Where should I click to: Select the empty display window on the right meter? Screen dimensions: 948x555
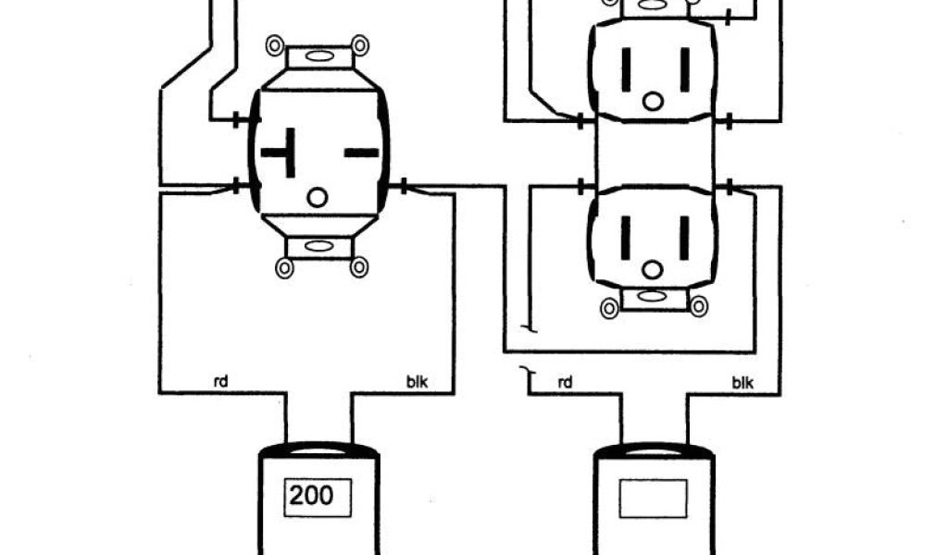[654, 498]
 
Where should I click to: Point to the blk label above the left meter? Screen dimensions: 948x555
[418, 381]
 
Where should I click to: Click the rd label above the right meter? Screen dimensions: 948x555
[564, 381]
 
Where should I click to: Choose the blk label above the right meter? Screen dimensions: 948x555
[742, 381]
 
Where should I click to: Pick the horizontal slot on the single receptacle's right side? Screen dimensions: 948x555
[361, 152]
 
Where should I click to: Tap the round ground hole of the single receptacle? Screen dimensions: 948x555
[318, 196]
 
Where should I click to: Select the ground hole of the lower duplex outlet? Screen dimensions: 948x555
[654, 269]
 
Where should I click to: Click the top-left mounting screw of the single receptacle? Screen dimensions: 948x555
[275, 44]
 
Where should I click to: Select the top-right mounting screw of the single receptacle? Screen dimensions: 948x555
[359, 44]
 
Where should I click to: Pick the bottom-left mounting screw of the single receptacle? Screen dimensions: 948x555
[284, 267]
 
